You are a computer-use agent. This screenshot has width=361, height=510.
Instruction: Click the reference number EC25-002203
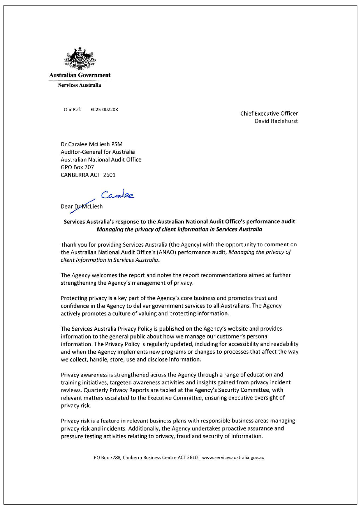pyautogui.click(x=104, y=110)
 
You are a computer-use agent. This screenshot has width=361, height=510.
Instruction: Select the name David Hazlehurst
pyautogui.click(x=276, y=121)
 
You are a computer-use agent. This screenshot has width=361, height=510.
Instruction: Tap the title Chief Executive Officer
pyautogui.click(x=269, y=114)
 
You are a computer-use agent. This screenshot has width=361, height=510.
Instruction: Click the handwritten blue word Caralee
pyautogui.click(x=118, y=195)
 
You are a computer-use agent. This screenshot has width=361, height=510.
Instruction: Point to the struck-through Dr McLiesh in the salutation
pyautogui.click(x=88, y=206)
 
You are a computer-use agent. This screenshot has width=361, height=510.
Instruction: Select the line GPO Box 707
pyautogui.click(x=77, y=167)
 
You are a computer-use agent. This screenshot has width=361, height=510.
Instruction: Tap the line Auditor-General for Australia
pyautogui.click(x=98, y=152)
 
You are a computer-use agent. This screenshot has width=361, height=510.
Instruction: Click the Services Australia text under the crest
pyautogui.click(x=79, y=85)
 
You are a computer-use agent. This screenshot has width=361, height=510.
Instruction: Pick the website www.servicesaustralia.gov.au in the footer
pyautogui.click(x=233, y=457)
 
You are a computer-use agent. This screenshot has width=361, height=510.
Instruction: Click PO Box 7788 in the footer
pyautogui.click(x=107, y=457)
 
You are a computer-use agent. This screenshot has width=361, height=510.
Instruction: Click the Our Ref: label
pyautogui.click(x=72, y=110)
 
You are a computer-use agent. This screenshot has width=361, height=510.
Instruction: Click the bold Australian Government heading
pyautogui.click(x=80, y=75)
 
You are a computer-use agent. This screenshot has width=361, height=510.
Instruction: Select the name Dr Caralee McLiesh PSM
pyautogui.click(x=92, y=144)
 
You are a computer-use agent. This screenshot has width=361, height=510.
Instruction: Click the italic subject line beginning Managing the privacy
pyautogui.click(x=179, y=229)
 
